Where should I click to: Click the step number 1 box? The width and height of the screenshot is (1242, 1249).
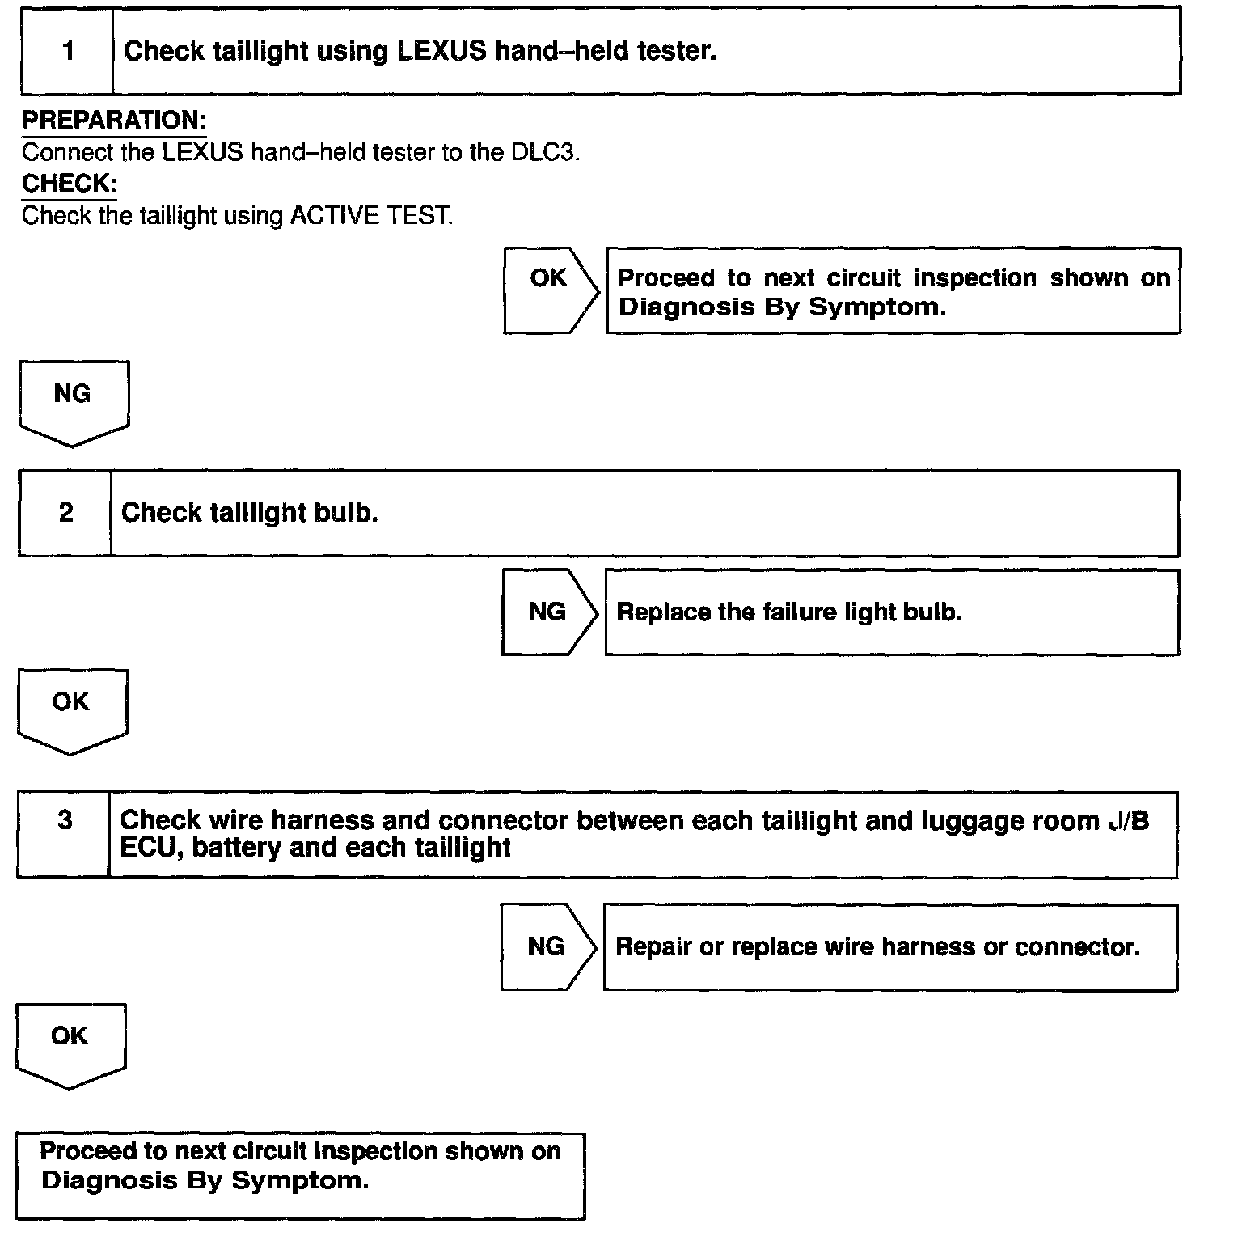click(67, 52)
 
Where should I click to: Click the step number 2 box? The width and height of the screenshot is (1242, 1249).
click(65, 513)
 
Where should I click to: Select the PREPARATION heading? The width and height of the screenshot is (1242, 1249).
click(114, 121)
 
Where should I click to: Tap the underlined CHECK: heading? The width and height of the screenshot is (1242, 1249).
click(70, 184)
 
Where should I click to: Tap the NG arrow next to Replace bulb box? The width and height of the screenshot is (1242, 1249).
click(548, 612)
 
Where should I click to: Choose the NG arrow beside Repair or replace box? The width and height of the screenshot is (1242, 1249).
click(547, 946)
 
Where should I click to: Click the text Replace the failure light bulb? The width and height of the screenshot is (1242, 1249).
click(789, 612)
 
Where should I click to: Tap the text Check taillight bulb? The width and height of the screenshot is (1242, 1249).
click(249, 513)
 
